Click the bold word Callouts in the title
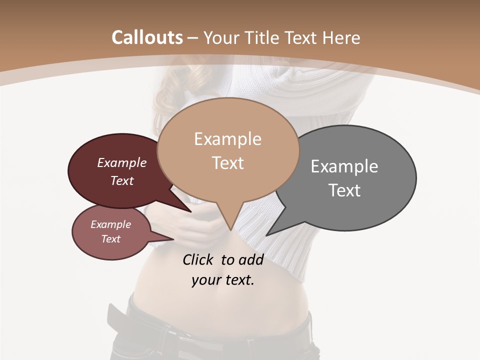click(x=147, y=37)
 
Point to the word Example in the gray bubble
click(x=344, y=166)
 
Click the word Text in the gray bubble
click(x=344, y=190)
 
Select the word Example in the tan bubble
click(x=227, y=139)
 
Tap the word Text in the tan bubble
click(x=227, y=163)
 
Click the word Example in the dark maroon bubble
click(x=121, y=163)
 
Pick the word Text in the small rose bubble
click(x=110, y=239)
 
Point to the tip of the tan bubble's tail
click(x=230, y=229)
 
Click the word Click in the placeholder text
click(x=198, y=259)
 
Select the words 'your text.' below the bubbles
click(x=222, y=280)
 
